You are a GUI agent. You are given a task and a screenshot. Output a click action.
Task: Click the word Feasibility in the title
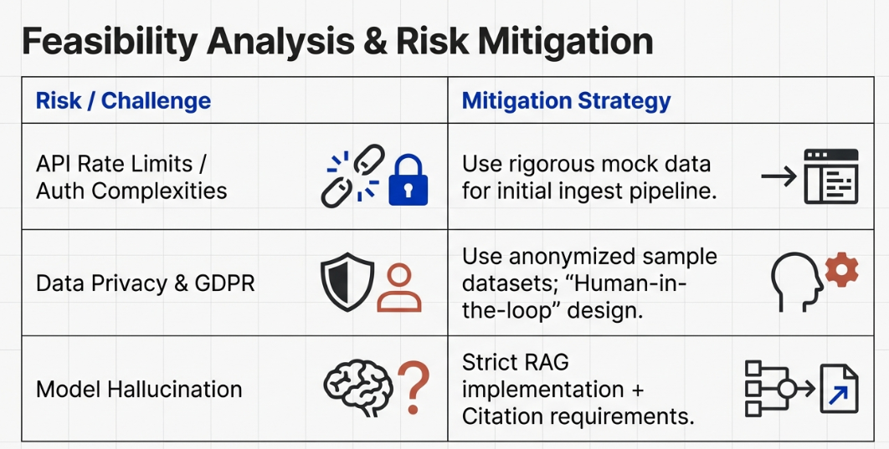point(109,42)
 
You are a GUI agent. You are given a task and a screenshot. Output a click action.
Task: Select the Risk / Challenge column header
point(123,101)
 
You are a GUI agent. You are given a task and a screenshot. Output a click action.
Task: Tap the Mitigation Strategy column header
point(566,101)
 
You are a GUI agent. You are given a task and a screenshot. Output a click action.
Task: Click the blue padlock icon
point(408,180)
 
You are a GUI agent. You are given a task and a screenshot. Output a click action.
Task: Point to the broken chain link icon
point(352,176)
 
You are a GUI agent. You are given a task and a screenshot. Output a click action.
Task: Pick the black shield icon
point(347,282)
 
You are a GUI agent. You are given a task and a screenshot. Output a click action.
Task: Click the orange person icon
point(399,288)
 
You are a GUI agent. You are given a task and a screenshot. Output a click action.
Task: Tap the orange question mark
point(414,387)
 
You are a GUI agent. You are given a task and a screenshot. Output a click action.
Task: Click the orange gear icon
point(841,270)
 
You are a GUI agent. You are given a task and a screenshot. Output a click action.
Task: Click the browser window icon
point(831,176)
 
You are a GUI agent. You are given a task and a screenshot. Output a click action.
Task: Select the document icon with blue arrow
point(839,389)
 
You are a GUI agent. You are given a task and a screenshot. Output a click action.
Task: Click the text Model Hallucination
point(139,390)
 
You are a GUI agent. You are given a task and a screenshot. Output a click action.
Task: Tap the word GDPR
point(225,283)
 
